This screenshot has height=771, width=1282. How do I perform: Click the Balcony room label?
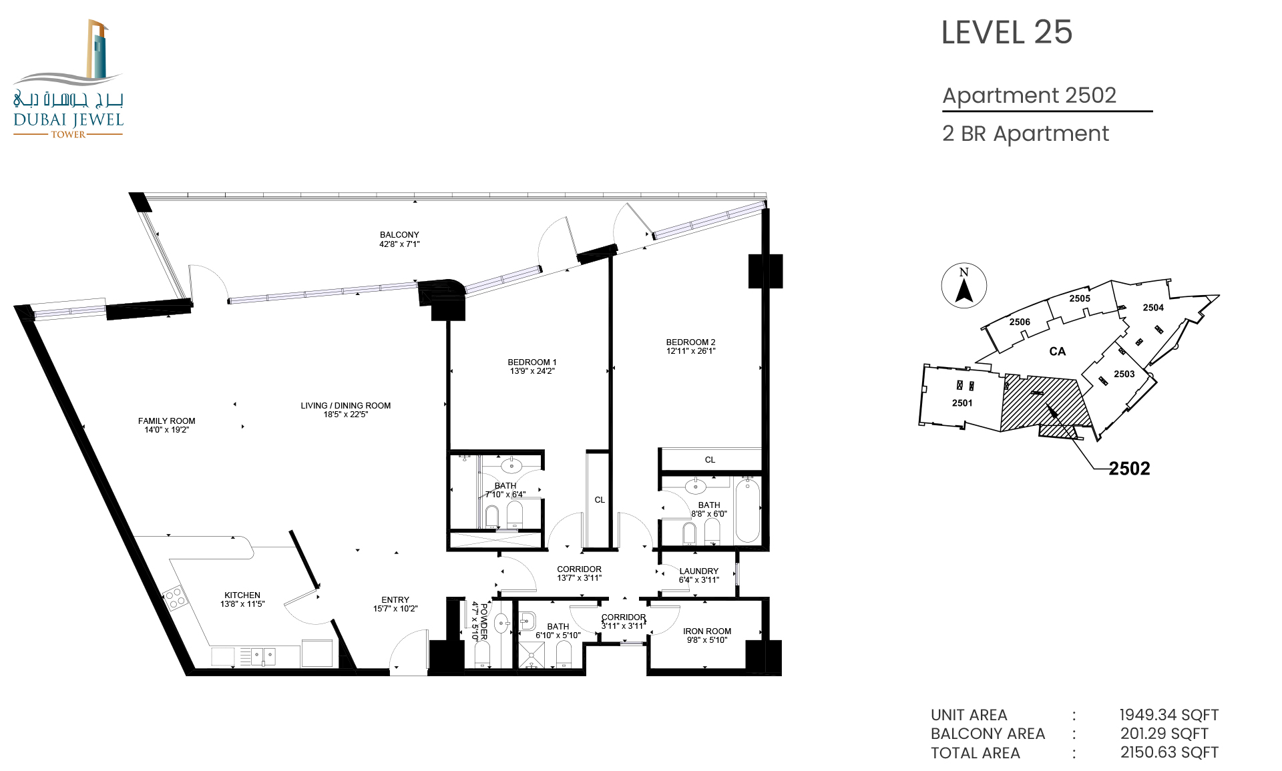399,235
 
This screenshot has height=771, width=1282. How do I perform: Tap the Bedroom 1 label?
531,362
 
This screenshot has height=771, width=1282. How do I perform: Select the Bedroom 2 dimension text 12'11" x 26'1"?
690,351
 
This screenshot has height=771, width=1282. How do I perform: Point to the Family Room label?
167,421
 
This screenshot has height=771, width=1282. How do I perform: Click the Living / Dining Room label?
345,406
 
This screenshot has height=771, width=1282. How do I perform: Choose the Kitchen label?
242,595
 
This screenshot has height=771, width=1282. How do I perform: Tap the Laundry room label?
699,571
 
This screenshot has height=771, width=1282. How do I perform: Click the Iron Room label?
707,631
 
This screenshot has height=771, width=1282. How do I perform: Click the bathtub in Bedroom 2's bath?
747,511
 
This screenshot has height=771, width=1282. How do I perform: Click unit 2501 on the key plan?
962,403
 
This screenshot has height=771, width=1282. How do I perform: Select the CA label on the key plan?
1057,352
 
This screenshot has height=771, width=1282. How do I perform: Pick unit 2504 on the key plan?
1153,308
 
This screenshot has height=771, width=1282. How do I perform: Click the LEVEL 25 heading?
1006,33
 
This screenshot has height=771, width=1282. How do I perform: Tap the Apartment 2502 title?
1029,95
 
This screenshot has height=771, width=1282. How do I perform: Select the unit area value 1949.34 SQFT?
1169,715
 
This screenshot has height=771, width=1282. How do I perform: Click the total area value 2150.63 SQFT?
1169,753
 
